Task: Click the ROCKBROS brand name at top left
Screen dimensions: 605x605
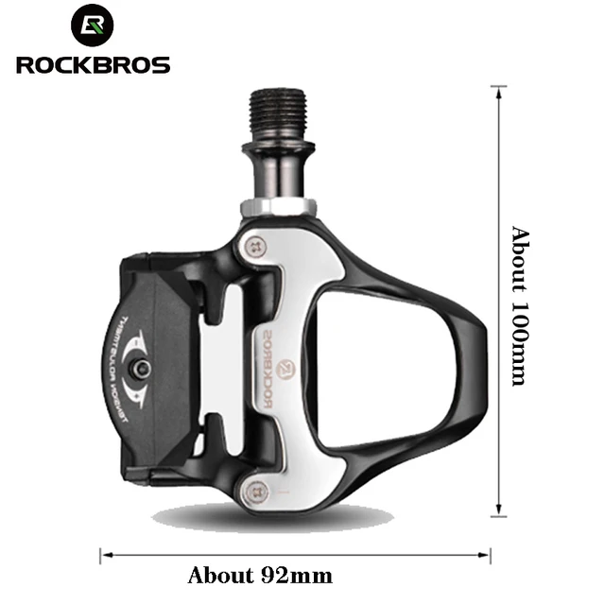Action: (92, 64)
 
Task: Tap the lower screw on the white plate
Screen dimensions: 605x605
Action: (253, 489)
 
